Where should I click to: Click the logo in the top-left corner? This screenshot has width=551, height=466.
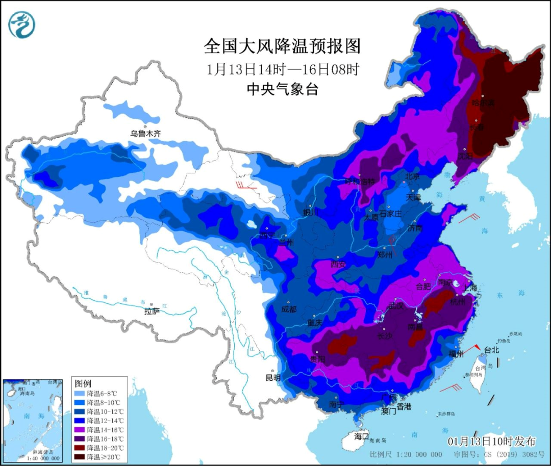(22, 24)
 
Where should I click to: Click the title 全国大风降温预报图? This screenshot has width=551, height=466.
(282, 46)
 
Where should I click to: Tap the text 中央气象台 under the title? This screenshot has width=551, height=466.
(282, 89)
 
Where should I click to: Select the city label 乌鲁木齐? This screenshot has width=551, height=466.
(145, 134)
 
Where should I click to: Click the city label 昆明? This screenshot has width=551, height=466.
(273, 378)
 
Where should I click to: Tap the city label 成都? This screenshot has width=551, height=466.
(288, 309)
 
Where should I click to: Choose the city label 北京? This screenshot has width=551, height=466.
(412, 177)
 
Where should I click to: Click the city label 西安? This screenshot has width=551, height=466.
(338, 264)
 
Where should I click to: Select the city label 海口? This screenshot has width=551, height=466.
(361, 436)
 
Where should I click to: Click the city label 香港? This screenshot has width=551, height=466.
(404, 406)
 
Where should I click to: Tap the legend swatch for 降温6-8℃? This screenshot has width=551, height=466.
(80, 394)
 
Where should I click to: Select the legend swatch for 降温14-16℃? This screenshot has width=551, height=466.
(80, 429)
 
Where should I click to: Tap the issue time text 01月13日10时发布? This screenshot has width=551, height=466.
(492, 442)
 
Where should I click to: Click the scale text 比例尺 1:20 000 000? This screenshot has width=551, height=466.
(406, 454)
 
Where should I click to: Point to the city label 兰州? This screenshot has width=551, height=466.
(286, 243)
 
